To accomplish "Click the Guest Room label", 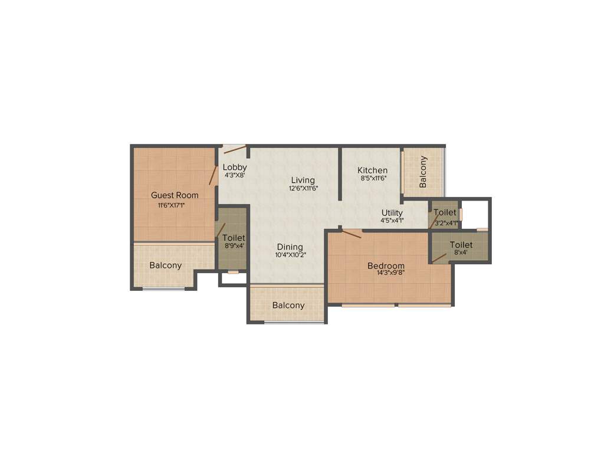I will [175, 195].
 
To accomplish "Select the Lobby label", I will [235, 167].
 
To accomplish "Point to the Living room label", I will [303, 180].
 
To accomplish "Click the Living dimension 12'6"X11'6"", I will [303, 189].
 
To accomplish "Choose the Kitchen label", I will [373, 170].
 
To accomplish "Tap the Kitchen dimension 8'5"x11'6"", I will [373, 179].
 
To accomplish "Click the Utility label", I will [392, 213].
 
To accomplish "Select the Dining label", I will [290, 247].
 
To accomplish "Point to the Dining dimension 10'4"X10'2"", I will [290, 255].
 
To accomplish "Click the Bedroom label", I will [386, 265].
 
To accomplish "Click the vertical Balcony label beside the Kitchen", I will [423, 172].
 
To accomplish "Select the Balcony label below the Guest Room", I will [166, 265].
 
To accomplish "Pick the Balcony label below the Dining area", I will [288, 306].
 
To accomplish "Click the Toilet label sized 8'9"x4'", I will [234, 238].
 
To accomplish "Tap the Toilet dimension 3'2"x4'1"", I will [445, 223].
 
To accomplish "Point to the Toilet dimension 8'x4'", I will [461, 252].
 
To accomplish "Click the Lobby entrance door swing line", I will [235, 149].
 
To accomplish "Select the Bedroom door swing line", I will [352, 234].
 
